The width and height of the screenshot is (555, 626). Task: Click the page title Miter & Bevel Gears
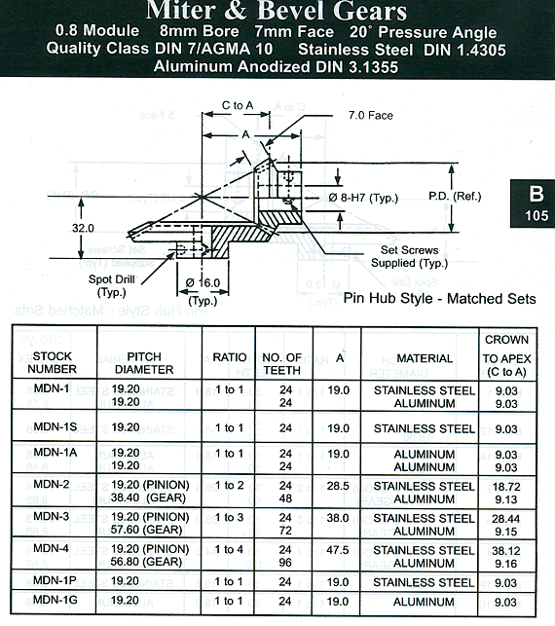[x=277, y=11]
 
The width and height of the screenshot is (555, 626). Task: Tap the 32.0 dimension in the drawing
[x=83, y=228]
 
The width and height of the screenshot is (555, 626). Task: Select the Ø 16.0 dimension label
[x=203, y=283]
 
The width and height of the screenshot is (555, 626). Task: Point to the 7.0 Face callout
[x=371, y=116]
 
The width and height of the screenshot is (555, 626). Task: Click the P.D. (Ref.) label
[x=455, y=196]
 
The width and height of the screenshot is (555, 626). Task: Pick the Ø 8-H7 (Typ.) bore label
[x=363, y=198]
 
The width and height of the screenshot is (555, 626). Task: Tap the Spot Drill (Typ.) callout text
[x=112, y=285]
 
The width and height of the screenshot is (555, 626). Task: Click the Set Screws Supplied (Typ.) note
[x=410, y=256]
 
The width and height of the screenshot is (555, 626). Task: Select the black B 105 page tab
[x=533, y=203]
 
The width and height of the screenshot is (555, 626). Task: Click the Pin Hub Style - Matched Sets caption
[x=439, y=298]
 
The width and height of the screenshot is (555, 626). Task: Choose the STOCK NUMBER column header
[x=52, y=362]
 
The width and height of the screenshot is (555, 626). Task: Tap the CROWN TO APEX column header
[x=506, y=355]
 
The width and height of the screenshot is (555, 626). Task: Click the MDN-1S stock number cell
[x=55, y=426]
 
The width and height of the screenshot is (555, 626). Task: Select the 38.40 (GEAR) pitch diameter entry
[x=142, y=497]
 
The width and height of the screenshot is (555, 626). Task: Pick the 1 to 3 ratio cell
[x=229, y=517]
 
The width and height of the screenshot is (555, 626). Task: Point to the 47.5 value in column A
[x=338, y=550]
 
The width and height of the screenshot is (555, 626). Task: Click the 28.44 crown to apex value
[x=506, y=519]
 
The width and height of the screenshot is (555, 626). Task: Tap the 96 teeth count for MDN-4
[x=285, y=563]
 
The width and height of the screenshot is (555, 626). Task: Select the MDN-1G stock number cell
[x=55, y=600]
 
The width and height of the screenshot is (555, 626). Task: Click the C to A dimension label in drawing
[x=238, y=105]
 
